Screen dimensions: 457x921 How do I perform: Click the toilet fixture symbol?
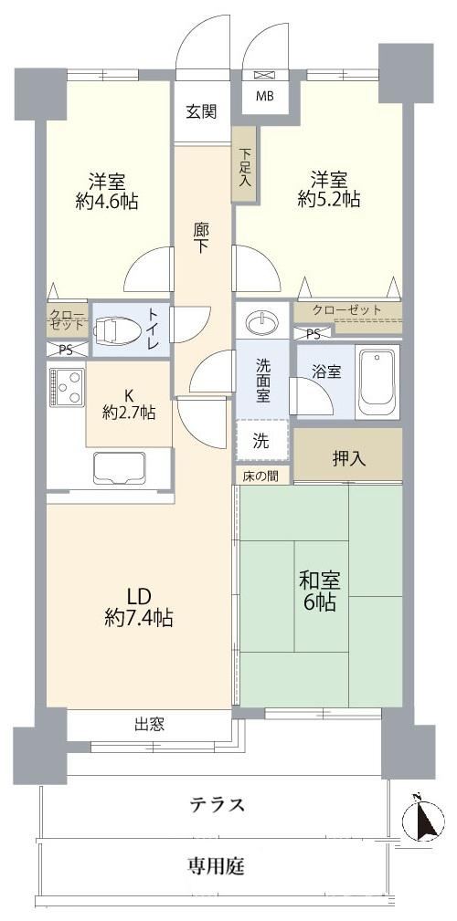[x=117, y=331]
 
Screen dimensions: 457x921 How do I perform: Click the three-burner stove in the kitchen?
[x=67, y=386]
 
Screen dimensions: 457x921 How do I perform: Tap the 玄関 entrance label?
[x=202, y=111]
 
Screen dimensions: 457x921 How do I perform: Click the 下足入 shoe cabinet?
[x=243, y=165]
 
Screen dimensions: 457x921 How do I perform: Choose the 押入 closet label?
[x=349, y=459]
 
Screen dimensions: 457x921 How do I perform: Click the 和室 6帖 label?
[x=317, y=591]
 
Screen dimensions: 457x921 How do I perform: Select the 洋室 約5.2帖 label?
[x=329, y=189]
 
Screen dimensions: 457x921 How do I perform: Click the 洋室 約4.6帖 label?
[x=106, y=190]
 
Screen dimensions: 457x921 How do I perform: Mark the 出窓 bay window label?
[x=148, y=724]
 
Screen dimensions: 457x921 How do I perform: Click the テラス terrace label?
[x=217, y=804]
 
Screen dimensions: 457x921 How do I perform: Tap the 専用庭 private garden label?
[x=217, y=865]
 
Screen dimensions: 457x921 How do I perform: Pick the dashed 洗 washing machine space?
[x=262, y=441]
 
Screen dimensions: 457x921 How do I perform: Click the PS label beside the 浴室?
[x=314, y=334]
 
